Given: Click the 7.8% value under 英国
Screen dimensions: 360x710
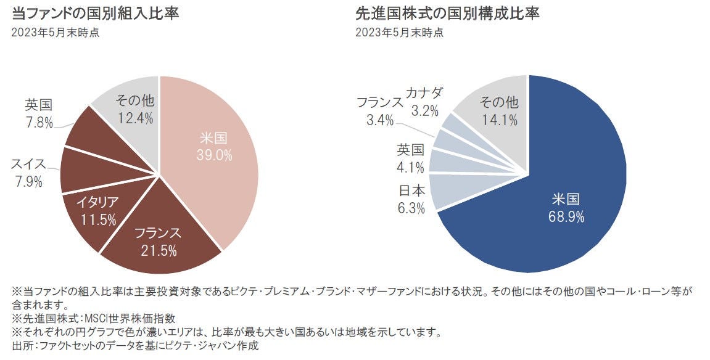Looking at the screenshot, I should (39, 123).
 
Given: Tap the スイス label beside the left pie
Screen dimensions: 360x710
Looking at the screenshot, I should (28, 164).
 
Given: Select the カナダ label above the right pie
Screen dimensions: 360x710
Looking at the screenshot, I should (424, 94).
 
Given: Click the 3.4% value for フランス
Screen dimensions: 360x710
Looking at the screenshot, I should (380, 120).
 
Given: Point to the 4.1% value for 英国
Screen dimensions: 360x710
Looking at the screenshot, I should (411, 166).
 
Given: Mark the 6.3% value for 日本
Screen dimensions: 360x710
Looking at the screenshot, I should (411, 208).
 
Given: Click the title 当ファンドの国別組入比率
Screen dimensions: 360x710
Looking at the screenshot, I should (96, 13).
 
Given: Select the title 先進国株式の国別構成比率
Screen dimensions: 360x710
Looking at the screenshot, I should (447, 13).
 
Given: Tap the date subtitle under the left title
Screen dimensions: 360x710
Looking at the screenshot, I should (56, 33).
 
